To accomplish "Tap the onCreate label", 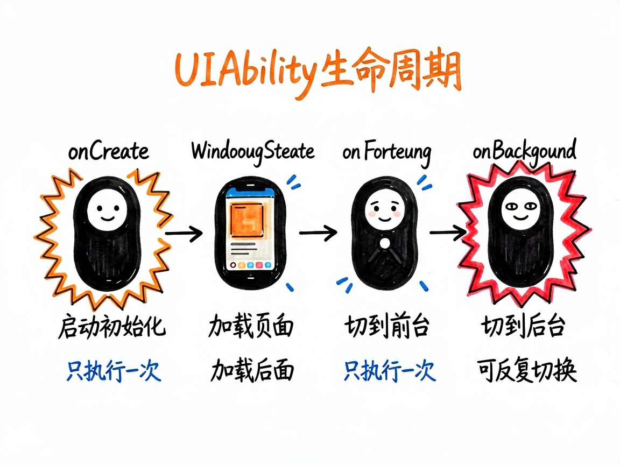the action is (108, 151).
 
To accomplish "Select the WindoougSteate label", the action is (252, 152).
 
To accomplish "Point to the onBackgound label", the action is (524, 151).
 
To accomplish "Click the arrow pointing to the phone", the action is (184, 233).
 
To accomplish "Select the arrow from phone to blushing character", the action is (318, 233).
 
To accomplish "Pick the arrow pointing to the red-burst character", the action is (448, 232).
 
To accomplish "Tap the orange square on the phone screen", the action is (247, 220).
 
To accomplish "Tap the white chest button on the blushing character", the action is (385, 243).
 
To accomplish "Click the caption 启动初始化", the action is (112, 327).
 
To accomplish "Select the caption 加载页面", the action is (251, 327).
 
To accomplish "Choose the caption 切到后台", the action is (523, 327).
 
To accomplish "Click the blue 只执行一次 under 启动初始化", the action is (114, 370).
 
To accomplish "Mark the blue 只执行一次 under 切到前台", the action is (390, 370).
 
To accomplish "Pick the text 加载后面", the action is (252, 370).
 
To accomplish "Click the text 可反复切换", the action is (527, 370).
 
